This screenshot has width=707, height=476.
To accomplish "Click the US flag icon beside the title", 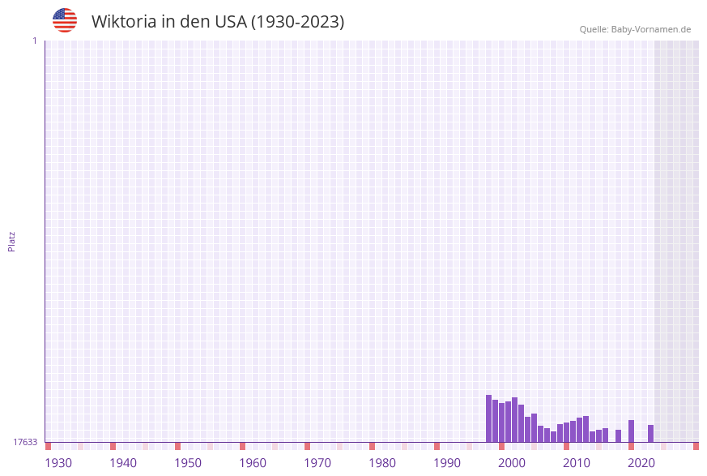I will [x=65, y=20].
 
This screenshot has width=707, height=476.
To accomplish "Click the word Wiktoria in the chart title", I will [x=123, y=22].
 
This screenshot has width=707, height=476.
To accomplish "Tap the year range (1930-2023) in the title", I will [x=297, y=22].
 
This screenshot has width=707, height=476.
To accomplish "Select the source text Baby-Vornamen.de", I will [x=651, y=29].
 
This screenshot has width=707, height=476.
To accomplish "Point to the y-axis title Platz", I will [x=12, y=241].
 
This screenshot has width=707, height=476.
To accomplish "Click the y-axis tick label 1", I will [x=34, y=41].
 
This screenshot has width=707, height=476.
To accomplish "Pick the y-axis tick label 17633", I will [x=25, y=442].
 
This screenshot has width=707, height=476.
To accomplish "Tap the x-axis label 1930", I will [x=58, y=463].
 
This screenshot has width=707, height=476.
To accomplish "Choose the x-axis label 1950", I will [x=188, y=463].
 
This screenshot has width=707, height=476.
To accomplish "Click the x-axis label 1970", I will [x=317, y=463].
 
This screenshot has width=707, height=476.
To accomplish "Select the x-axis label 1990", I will [x=447, y=463].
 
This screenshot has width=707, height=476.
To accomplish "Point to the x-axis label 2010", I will [x=577, y=463].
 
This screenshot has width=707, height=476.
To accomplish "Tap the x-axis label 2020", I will [x=641, y=463].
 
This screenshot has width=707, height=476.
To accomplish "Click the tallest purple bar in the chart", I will [x=488, y=418].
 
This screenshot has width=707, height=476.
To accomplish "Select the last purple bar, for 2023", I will [x=650, y=434].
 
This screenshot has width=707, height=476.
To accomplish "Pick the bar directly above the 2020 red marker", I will [x=631, y=431].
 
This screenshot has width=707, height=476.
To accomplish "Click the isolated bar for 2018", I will [x=618, y=436].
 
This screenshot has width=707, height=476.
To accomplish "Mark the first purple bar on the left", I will [x=488, y=418].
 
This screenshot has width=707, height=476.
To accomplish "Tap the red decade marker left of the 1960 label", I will [x=242, y=446].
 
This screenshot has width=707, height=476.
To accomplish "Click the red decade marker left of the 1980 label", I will [x=372, y=446].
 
